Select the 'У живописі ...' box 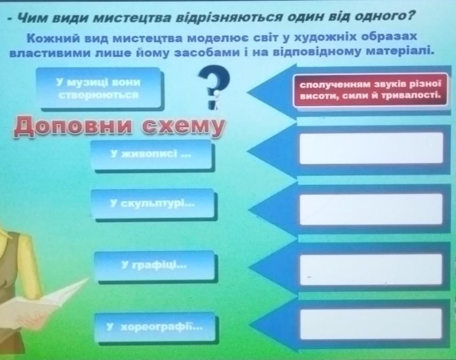tap(151, 154)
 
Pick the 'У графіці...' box tap(154, 265)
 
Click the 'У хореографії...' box tap(154, 327)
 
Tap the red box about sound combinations tap(370, 90)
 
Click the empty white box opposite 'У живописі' tap(371, 148)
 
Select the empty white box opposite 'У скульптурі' tap(371, 209)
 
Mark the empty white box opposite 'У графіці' tap(371, 269)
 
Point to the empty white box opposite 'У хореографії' tap(371, 324)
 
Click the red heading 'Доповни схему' tap(119, 127)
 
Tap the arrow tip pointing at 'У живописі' tap(248, 151)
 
